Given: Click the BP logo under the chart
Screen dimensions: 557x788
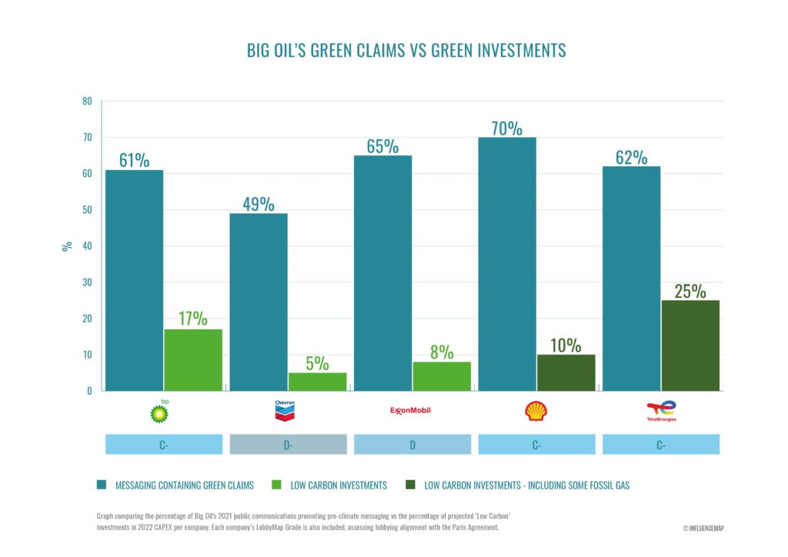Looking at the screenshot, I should (159, 412).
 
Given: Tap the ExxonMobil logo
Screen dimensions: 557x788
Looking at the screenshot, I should (411, 410).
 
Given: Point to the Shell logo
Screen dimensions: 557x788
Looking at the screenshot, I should (536, 411).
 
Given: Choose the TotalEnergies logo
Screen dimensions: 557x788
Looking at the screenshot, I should (661, 412).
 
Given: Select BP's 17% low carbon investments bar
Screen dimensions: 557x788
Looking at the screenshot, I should (193, 360).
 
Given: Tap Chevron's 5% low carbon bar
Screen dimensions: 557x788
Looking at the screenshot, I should (317, 382).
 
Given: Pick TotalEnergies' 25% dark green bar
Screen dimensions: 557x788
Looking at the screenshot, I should (690, 345).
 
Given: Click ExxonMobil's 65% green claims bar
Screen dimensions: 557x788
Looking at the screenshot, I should (382, 273).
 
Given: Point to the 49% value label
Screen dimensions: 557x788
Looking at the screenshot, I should (259, 204).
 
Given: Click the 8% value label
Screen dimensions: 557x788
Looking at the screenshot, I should (441, 351).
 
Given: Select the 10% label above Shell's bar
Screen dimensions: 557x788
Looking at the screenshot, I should (566, 345).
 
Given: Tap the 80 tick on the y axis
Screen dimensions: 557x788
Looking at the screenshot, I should (87, 102).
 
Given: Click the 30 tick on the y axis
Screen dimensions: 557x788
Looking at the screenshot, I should (87, 282).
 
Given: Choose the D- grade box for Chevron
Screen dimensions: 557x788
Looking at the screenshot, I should (288, 445).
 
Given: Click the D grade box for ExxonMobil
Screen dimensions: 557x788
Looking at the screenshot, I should (412, 445).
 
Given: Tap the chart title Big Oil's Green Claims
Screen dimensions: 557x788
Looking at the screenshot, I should (406, 51).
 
